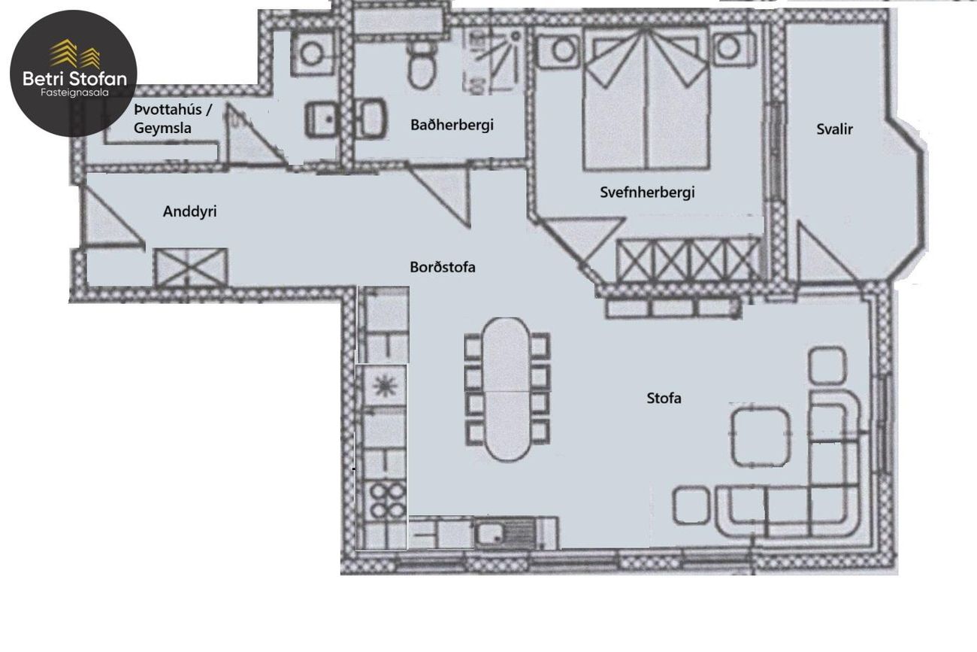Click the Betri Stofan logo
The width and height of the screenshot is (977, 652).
(x=74, y=73)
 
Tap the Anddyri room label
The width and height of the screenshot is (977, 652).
(x=189, y=211)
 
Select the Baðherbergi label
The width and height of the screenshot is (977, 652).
(x=452, y=126)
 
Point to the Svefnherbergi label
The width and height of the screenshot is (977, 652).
(x=647, y=193)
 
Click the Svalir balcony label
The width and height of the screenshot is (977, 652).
(x=834, y=129)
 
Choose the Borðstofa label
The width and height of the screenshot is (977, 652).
(x=442, y=267)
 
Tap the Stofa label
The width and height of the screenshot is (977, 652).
(x=664, y=398)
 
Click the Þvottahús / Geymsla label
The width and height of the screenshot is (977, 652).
(x=173, y=119)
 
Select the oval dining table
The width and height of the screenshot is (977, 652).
(x=507, y=390)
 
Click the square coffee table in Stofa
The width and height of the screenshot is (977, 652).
(x=761, y=436)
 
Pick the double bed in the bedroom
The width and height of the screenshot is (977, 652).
(x=647, y=98)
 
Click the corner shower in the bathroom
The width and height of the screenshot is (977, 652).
(x=493, y=61)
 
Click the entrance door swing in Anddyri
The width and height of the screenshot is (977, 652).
(x=114, y=216)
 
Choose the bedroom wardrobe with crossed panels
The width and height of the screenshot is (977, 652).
(x=689, y=261)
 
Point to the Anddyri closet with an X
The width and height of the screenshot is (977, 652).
(x=191, y=267)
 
